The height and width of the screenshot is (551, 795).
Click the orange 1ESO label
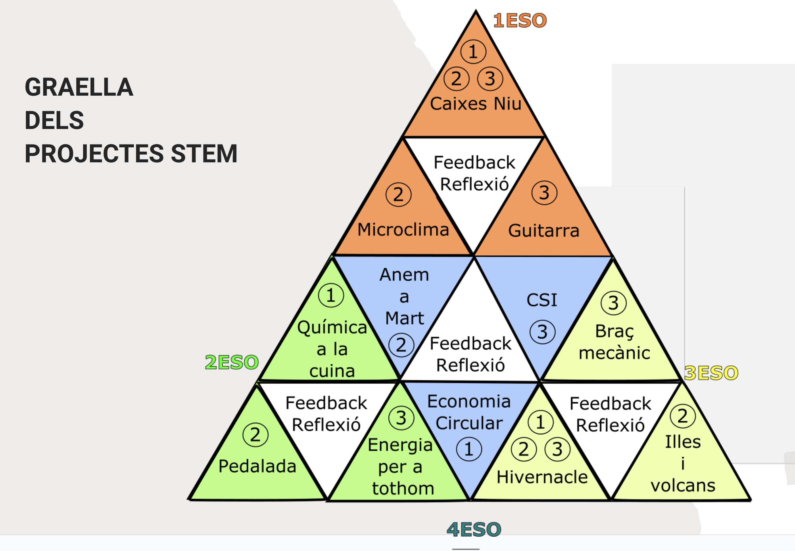point(520,20)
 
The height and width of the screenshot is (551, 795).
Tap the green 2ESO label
point(232,362)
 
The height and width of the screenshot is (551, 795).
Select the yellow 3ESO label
point(711,373)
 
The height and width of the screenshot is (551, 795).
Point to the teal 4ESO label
point(474,529)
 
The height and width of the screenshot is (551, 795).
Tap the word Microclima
point(403,230)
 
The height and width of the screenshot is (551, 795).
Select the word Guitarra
point(544,231)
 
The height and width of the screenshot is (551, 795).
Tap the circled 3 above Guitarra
point(544,193)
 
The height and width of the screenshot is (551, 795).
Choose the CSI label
point(542,300)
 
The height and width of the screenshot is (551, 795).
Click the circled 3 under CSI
point(543,332)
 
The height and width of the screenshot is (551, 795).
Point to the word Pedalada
point(257,466)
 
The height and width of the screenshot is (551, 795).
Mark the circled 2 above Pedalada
point(255,435)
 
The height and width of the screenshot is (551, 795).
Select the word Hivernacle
point(542,477)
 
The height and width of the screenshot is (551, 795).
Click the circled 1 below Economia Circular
point(469,449)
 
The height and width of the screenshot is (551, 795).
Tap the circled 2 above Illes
point(683,416)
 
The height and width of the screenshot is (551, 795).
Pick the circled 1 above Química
point(331,296)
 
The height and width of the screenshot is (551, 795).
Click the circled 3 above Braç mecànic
point(613,303)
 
